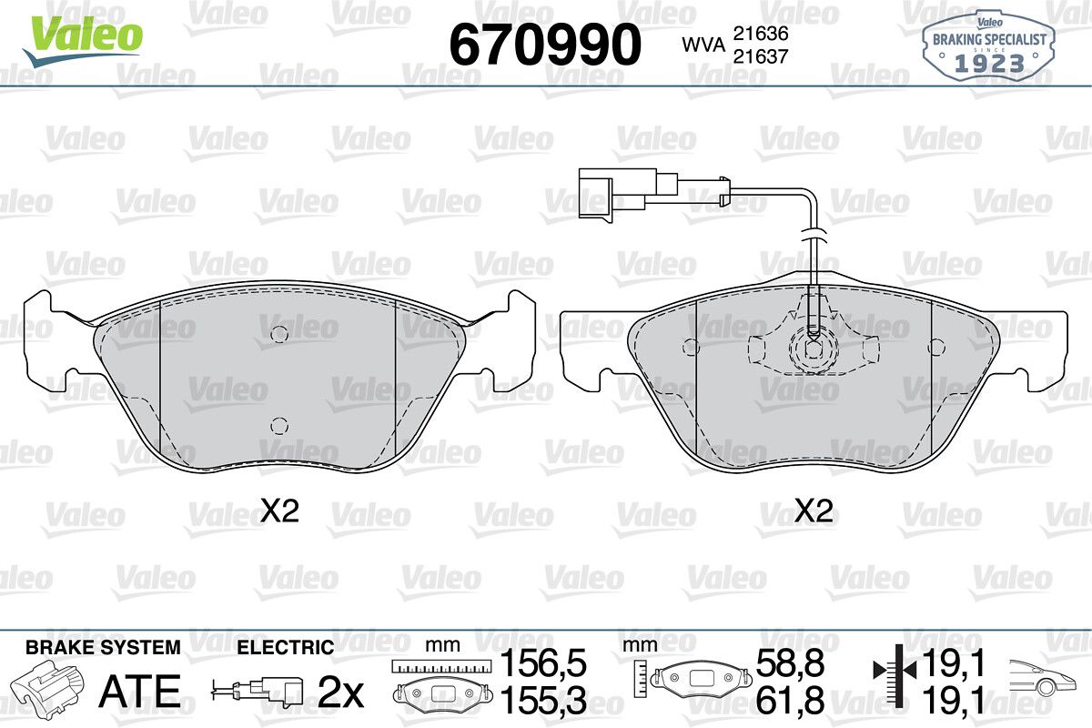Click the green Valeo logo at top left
(x=83, y=40)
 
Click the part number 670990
(x=545, y=45)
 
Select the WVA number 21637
(x=761, y=56)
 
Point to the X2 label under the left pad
(x=279, y=511)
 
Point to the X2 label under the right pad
(x=814, y=511)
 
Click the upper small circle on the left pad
(x=279, y=334)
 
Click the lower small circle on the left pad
(x=279, y=426)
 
